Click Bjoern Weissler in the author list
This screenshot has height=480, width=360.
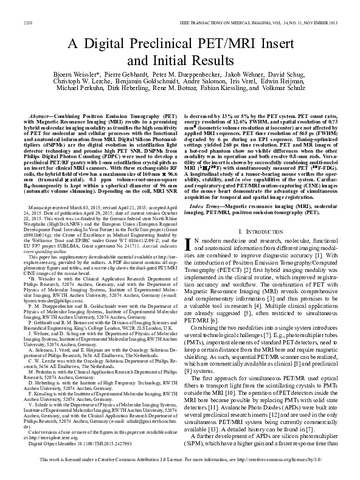(x=72, y=72)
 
